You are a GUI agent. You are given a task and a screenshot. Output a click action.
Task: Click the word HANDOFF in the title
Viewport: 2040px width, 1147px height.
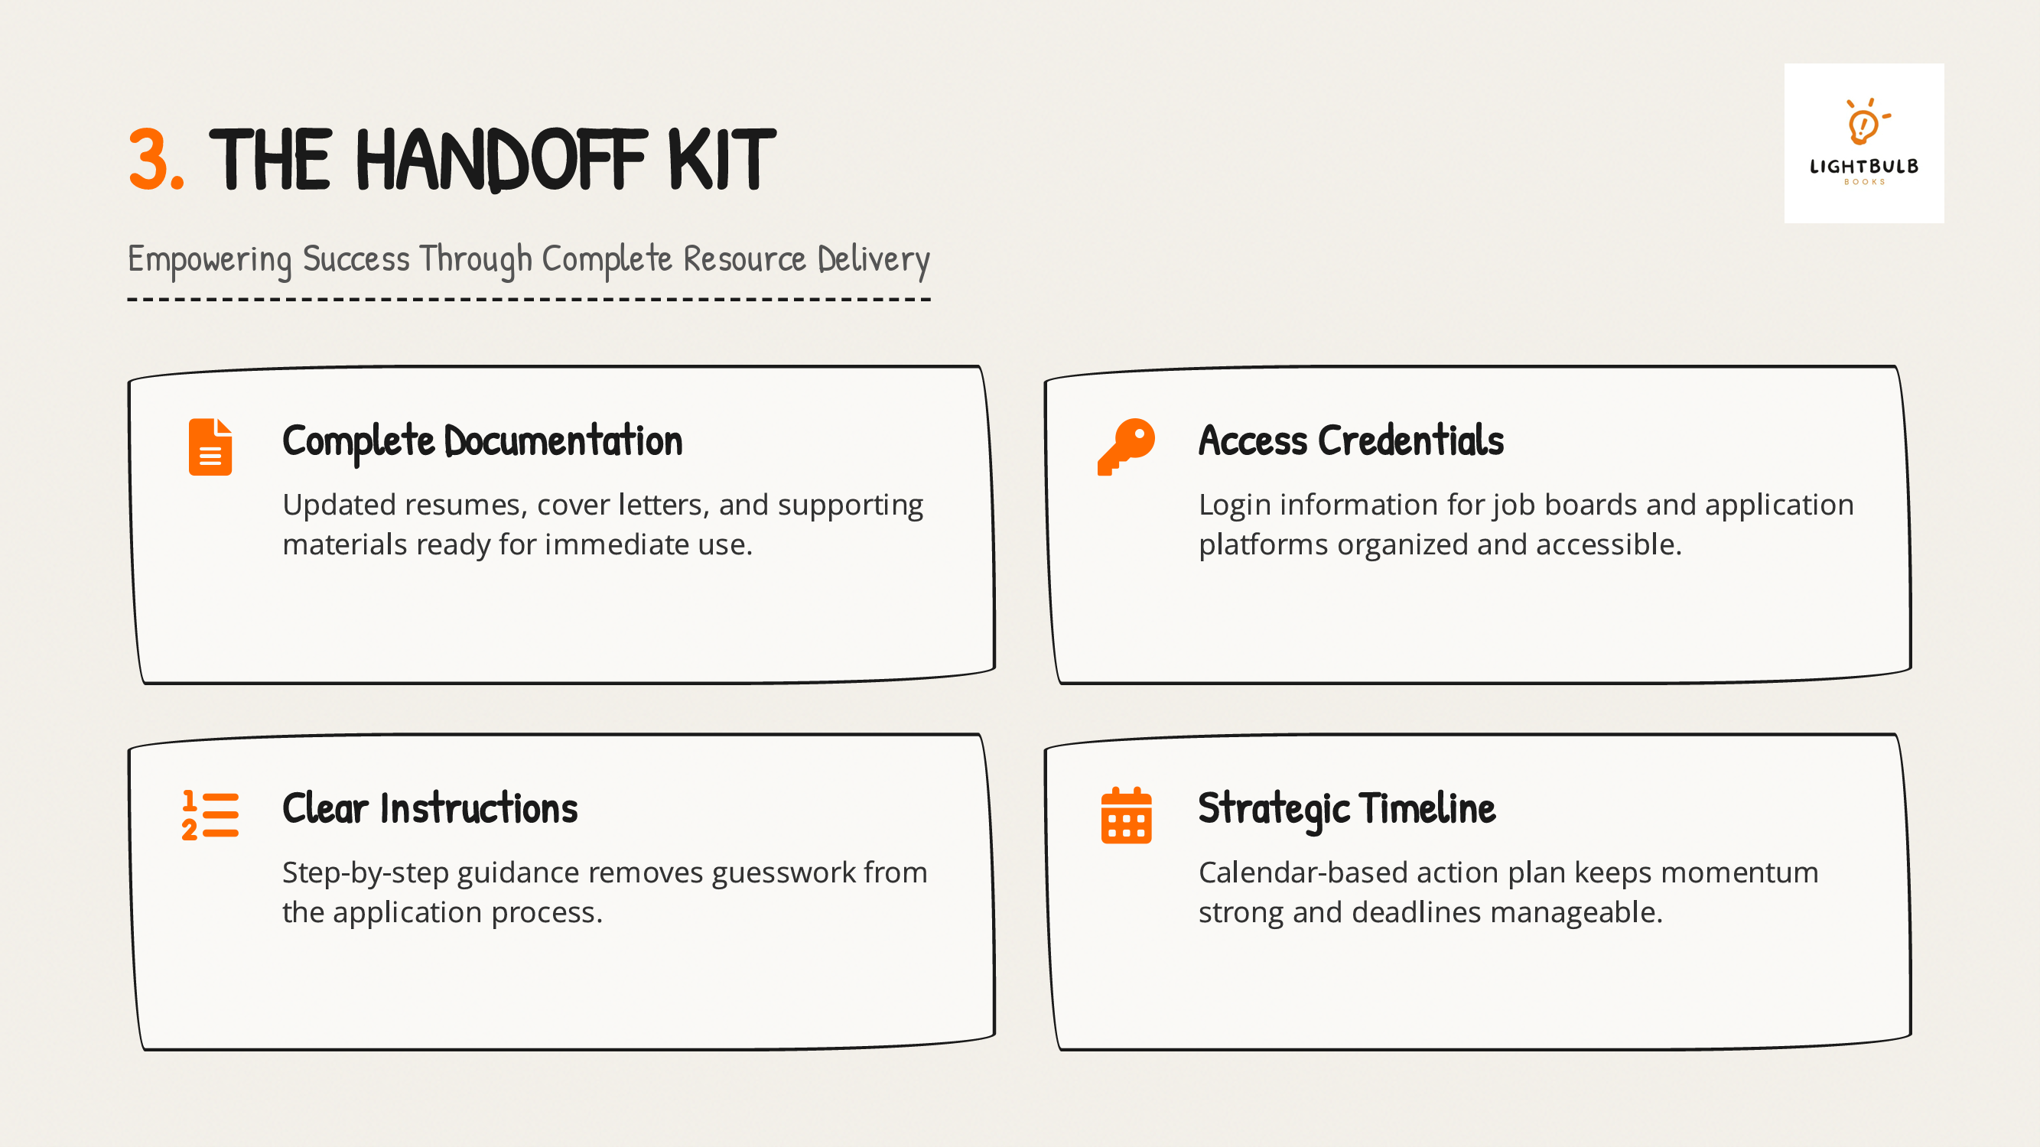(500, 160)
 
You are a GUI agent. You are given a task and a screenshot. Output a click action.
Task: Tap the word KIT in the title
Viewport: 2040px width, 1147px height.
(721, 160)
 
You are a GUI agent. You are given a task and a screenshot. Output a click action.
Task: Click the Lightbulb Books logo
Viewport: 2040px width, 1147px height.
(1863, 143)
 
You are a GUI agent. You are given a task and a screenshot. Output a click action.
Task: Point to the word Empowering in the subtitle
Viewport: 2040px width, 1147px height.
(210, 260)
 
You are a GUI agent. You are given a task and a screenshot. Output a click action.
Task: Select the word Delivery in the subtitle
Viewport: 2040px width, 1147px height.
(874, 260)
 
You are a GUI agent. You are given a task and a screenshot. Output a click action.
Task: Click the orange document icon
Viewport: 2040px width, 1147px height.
(210, 447)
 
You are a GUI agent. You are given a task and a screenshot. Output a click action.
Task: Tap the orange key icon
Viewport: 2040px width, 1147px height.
(1126, 447)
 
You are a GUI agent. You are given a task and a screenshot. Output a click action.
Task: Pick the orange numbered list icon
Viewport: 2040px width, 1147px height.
(210, 815)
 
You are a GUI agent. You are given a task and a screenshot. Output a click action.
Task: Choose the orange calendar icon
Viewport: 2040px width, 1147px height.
(1126, 815)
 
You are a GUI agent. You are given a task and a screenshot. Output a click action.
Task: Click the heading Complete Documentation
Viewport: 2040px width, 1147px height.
(483, 442)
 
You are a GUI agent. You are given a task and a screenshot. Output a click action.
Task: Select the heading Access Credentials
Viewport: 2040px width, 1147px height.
(1351, 440)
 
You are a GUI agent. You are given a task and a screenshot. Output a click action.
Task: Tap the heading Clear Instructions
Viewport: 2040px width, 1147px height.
(430, 808)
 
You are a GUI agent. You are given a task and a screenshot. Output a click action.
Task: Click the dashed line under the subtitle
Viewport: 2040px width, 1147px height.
(529, 299)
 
